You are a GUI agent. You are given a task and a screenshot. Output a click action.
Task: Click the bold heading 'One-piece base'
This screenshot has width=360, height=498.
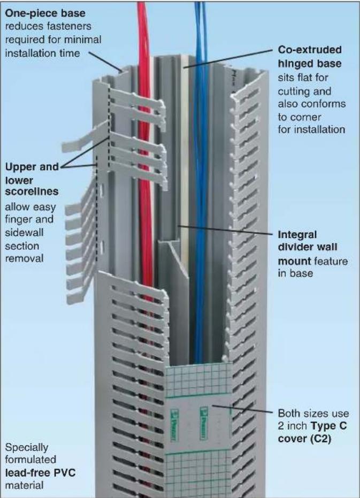click(45, 13)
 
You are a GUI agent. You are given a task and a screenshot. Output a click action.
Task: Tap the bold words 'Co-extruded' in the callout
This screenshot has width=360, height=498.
click(310, 50)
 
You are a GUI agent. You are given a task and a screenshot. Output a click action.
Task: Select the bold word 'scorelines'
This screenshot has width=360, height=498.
click(32, 191)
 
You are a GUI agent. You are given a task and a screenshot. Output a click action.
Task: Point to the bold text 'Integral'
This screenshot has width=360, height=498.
click(297, 235)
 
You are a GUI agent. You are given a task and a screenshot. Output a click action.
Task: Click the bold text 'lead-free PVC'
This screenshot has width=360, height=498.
click(40, 473)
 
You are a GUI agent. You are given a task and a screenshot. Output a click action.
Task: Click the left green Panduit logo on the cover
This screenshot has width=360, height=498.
click(174, 424)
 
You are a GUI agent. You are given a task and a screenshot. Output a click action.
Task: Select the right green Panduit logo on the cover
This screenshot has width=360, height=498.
click(203, 423)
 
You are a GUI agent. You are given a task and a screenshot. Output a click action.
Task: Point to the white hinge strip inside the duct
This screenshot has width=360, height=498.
click(185, 159)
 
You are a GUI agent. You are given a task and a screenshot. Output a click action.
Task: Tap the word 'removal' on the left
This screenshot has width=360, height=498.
click(25, 258)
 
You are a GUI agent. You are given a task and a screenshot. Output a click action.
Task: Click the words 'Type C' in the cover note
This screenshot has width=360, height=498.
click(328, 426)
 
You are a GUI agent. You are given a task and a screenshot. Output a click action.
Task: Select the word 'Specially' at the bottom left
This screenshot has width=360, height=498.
click(27, 448)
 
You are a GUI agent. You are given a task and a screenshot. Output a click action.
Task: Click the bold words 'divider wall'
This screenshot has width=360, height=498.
click(308, 247)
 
